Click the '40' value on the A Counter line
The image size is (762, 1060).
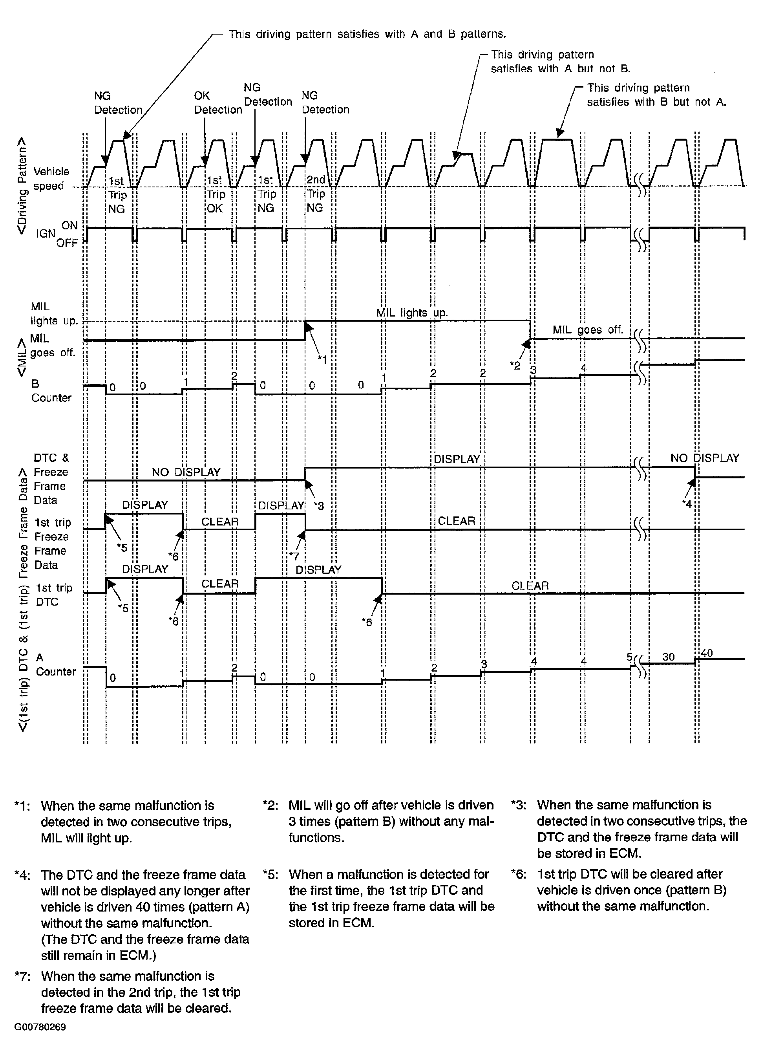point(706,652)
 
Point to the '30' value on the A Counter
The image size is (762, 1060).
point(668,657)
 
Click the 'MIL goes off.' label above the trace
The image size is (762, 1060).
point(588,330)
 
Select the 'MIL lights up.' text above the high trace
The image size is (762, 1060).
point(411,313)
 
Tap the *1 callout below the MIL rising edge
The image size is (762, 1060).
point(322,359)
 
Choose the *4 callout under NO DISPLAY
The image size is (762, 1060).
point(686,503)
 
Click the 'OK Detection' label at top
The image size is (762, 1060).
point(218,103)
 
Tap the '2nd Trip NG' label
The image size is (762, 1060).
point(316,194)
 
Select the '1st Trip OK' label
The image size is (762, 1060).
point(216,194)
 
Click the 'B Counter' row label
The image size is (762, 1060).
point(51,391)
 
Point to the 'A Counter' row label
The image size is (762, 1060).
point(55,665)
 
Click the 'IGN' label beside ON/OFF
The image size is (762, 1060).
point(46,234)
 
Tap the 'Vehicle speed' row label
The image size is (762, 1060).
point(51,179)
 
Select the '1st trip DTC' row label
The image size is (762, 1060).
point(54,595)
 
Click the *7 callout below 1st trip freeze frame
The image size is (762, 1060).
point(293,556)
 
